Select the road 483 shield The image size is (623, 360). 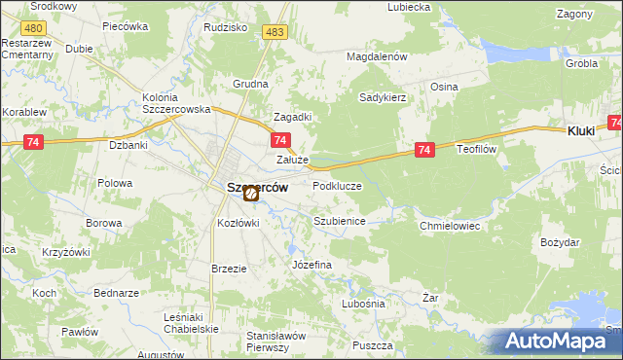point(275,33)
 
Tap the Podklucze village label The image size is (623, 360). point(337,186)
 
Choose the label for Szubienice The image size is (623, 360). point(339,221)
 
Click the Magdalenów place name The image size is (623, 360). point(377,57)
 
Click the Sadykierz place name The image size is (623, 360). point(382,97)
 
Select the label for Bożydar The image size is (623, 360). point(560,241)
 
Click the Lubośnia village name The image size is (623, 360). point(363,304)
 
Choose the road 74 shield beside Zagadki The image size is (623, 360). point(277,141)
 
